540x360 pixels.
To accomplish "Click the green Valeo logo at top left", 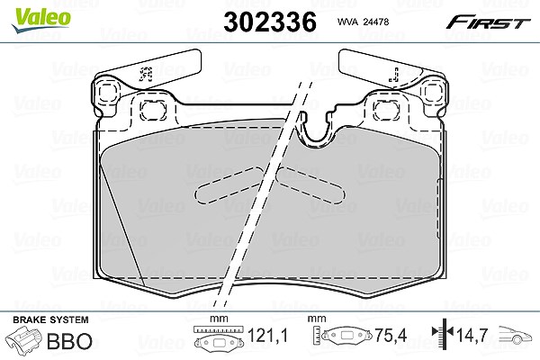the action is (x=41, y=20).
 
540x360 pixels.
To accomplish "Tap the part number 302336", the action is (x=270, y=22).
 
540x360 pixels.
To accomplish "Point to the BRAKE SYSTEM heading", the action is (x=50, y=319).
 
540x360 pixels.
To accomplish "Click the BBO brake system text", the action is (x=69, y=341).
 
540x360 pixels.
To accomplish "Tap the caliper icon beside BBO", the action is (x=24, y=340).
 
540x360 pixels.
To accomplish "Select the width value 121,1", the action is (x=267, y=335).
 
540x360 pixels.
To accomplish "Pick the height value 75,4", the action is (x=391, y=335).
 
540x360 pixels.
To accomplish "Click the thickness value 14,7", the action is (x=472, y=334).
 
